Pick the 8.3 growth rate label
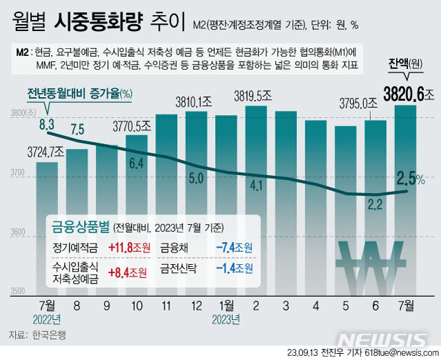pyautogui.click(x=47, y=124)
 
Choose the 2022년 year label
pyautogui.click(x=47, y=319)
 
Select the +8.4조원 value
pyautogui.click(x=128, y=272)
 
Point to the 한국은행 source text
pyautogui.click(x=50, y=336)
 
